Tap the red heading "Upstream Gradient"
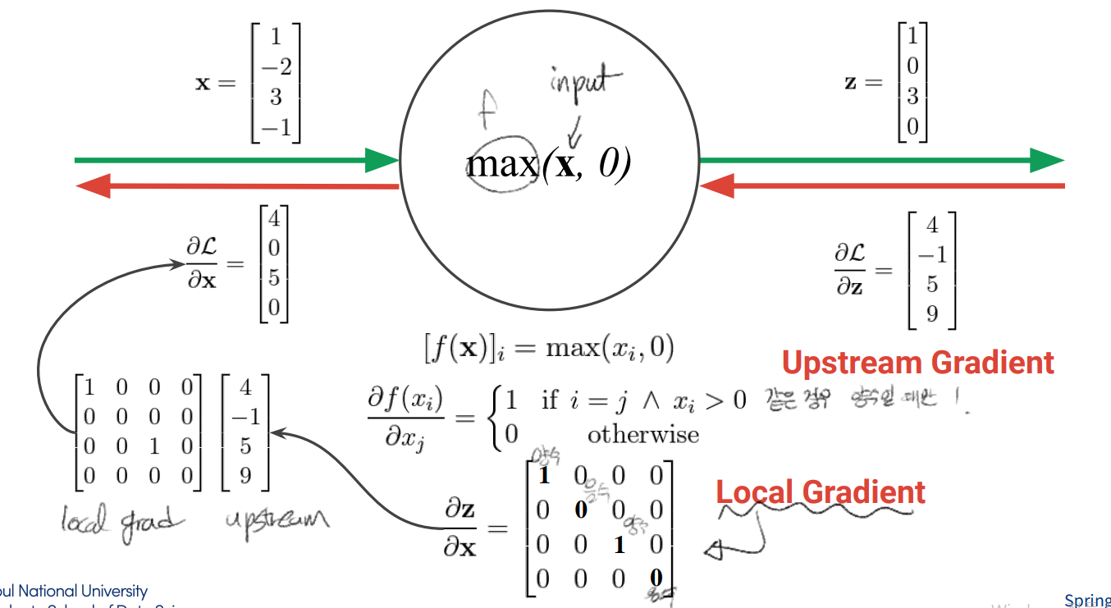pos(917,362)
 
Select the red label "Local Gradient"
pos(821,492)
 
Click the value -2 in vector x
pos(276,67)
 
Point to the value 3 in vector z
pos(912,97)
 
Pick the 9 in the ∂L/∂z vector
pos(932,313)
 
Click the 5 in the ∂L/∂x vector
pos(274,278)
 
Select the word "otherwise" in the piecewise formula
pos(643,433)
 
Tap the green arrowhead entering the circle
pos(382,160)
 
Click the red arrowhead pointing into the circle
pos(716,187)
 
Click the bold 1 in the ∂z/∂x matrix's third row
pos(620,545)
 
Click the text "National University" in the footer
pos(83,591)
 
